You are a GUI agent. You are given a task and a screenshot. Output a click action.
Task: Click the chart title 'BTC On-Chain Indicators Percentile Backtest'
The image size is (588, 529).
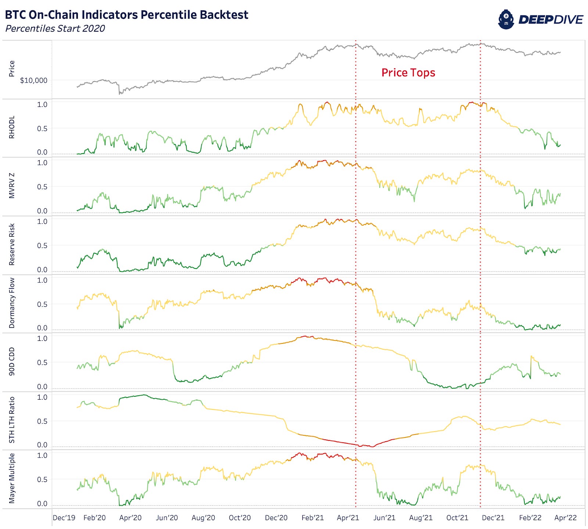coord(126,15)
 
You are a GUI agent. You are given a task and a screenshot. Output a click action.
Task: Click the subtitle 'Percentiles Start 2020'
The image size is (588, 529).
coord(55,29)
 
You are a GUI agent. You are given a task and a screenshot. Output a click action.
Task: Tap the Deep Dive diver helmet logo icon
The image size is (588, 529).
coord(506,19)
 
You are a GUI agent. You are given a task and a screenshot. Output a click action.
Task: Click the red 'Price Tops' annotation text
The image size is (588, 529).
coord(408,72)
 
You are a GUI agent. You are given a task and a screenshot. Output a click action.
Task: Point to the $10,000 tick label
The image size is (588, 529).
coord(33,80)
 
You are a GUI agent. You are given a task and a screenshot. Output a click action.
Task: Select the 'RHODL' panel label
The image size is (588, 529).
coord(12,127)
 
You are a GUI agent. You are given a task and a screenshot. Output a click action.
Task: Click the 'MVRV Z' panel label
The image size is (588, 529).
coord(12,186)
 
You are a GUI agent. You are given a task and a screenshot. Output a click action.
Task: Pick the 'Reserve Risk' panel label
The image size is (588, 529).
coord(12,244)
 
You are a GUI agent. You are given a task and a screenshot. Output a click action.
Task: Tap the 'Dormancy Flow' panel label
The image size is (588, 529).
coord(12,303)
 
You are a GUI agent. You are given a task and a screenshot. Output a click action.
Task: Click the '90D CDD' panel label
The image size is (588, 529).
coord(12,361)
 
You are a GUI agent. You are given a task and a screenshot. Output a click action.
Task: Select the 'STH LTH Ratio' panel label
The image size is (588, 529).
coord(12,420)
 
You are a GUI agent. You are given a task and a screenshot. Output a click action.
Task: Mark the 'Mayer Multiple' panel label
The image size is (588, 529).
coord(12,478)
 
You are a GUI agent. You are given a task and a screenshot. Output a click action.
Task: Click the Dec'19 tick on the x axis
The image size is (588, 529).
coord(64,518)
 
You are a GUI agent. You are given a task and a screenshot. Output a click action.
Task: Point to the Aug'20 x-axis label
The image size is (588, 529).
coord(203,518)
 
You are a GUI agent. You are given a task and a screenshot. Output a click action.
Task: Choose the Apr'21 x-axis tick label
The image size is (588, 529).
coord(348,518)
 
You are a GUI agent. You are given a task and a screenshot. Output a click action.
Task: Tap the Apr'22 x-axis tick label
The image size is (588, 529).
coord(565,518)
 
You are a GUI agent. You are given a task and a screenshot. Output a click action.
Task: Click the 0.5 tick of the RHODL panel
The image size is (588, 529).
coord(42,129)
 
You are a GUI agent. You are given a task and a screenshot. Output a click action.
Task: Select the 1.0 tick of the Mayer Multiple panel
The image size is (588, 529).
coord(42,456)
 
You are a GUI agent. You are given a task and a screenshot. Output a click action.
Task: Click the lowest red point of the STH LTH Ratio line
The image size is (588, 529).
coord(372,447)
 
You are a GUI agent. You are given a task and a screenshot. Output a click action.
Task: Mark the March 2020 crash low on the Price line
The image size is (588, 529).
coord(119,94)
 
